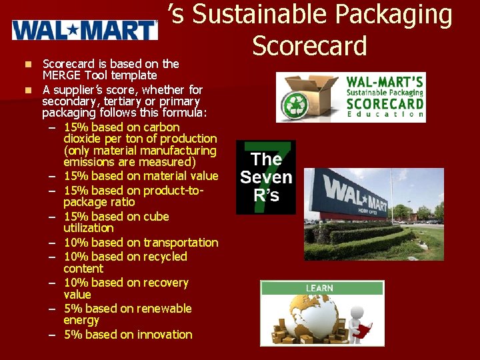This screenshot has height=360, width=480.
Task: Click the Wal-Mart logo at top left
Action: pos(85,30)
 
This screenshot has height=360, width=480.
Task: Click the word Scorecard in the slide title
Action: pos(309,45)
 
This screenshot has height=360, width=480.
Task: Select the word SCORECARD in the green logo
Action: pos(385,103)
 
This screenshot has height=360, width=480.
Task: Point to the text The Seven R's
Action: pos(266,177)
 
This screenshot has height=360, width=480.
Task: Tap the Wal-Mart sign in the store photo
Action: pos(355,195)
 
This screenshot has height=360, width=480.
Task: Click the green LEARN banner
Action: pos(322,288)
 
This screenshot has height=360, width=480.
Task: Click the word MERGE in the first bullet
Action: pos(61,75)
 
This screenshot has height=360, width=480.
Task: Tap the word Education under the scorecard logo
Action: pos(385,115)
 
